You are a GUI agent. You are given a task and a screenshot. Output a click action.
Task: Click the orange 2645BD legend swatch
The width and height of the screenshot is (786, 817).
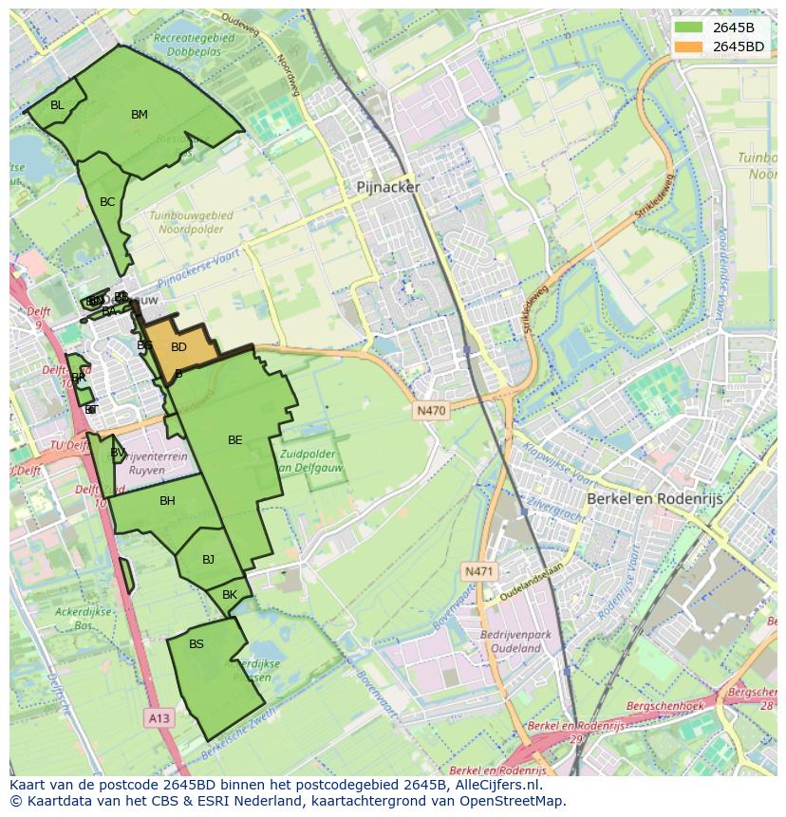(689, 46)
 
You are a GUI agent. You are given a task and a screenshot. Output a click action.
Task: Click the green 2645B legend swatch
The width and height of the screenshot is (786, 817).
(689, 28)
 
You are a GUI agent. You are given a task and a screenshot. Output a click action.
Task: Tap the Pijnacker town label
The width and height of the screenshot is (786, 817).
(387, 188)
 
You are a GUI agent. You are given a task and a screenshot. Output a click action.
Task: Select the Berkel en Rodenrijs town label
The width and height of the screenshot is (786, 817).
(654, 498)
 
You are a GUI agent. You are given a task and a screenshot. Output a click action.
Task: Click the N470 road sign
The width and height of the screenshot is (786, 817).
(431, 411)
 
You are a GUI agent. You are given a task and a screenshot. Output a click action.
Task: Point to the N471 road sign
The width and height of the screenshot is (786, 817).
(479, 571)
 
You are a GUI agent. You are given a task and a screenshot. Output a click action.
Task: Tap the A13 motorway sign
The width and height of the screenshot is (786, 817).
(159, 718)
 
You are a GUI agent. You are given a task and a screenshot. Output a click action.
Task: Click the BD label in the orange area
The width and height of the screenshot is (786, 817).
(178, 347)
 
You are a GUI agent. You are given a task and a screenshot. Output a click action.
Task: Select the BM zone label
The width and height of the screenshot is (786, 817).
(140, 115)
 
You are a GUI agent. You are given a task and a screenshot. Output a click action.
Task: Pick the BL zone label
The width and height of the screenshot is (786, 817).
(57, 105)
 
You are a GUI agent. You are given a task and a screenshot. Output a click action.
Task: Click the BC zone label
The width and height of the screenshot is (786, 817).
(107, 202)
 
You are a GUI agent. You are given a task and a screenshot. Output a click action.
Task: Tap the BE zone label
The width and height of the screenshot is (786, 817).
(235, 440)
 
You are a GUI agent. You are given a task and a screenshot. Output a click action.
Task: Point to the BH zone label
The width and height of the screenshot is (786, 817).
(167, 501)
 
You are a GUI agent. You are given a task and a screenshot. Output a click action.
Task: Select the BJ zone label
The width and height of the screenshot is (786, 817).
(208, 560)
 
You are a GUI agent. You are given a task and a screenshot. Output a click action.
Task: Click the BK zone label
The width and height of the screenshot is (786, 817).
(229, 595)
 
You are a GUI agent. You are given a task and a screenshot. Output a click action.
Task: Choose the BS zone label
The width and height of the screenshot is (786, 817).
(196, 644)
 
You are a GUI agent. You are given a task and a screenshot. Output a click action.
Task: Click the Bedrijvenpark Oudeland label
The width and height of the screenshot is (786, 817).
(511, 641)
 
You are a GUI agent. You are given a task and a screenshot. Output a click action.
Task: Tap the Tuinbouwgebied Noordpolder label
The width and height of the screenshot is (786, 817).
(191, 222)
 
